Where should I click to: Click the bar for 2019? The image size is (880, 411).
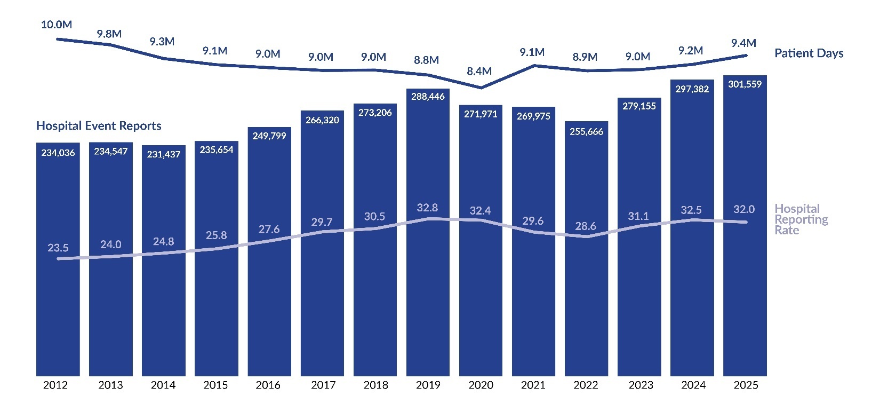point(428,267)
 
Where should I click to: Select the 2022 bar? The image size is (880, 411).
point(586,278)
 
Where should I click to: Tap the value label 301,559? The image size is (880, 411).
point(745,84)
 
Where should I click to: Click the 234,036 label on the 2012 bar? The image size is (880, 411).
point(58,153)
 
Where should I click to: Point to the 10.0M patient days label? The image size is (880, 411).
point(57,25)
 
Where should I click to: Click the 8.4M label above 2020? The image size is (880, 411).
point(479,71)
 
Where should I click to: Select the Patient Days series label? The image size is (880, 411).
point(809,53)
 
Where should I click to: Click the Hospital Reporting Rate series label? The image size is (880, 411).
point(801,219)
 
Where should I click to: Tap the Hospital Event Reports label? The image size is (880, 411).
point(99,126)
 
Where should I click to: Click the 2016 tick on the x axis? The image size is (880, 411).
point(268,385)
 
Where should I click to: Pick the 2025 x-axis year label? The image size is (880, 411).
point(745,385)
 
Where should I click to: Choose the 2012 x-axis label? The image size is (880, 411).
point(55,385)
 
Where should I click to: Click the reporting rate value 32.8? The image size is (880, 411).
point(427,208)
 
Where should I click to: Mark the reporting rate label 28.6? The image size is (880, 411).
point(586,226)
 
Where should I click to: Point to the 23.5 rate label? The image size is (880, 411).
point(58,248)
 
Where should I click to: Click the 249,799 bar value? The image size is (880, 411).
point(269,136)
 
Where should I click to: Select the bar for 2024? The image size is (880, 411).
point(692,267)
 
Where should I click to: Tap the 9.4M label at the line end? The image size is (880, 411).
point(743,43)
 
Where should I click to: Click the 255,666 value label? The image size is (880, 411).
point(586,132)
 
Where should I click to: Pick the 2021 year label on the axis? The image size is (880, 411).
point(533,385)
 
